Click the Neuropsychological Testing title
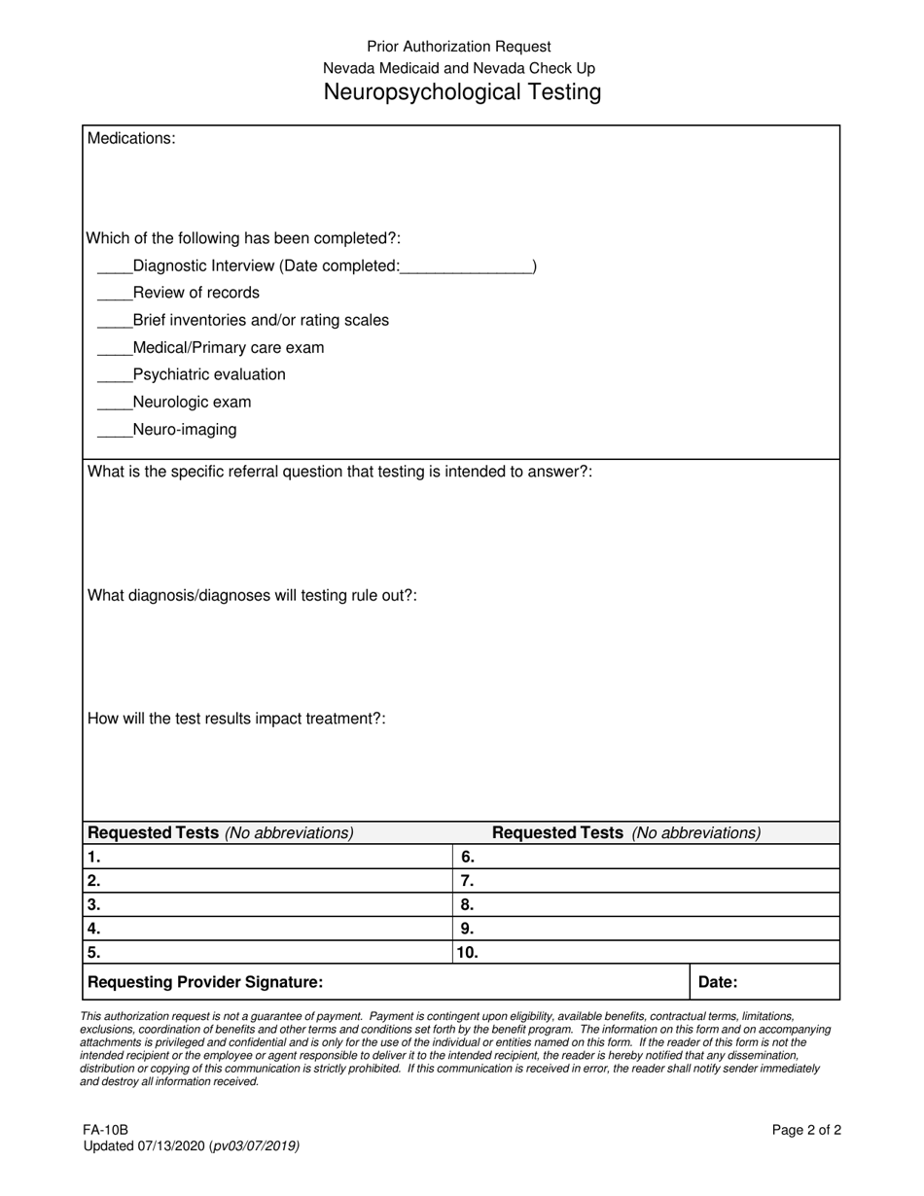click(462, 92)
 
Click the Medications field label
click(131, 138)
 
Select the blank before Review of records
click(114, 295)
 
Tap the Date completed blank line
click(466, 267)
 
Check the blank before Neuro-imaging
click(114, 432)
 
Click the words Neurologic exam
click(192, 403)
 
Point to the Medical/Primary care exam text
click(229, 348)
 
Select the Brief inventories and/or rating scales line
click(261, 321)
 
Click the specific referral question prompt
click(340, 473)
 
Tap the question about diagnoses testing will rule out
click(253, 595)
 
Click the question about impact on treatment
click(237, 719)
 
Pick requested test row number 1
click(267, 858)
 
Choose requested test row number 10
click(647, 953)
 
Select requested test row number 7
click(647, 881)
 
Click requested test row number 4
click(267, 929)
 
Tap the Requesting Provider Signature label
click(205, 982)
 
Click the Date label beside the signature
click(718, 982)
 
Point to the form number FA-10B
click(105, 1130)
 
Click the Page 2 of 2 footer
click(806, 1130)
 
